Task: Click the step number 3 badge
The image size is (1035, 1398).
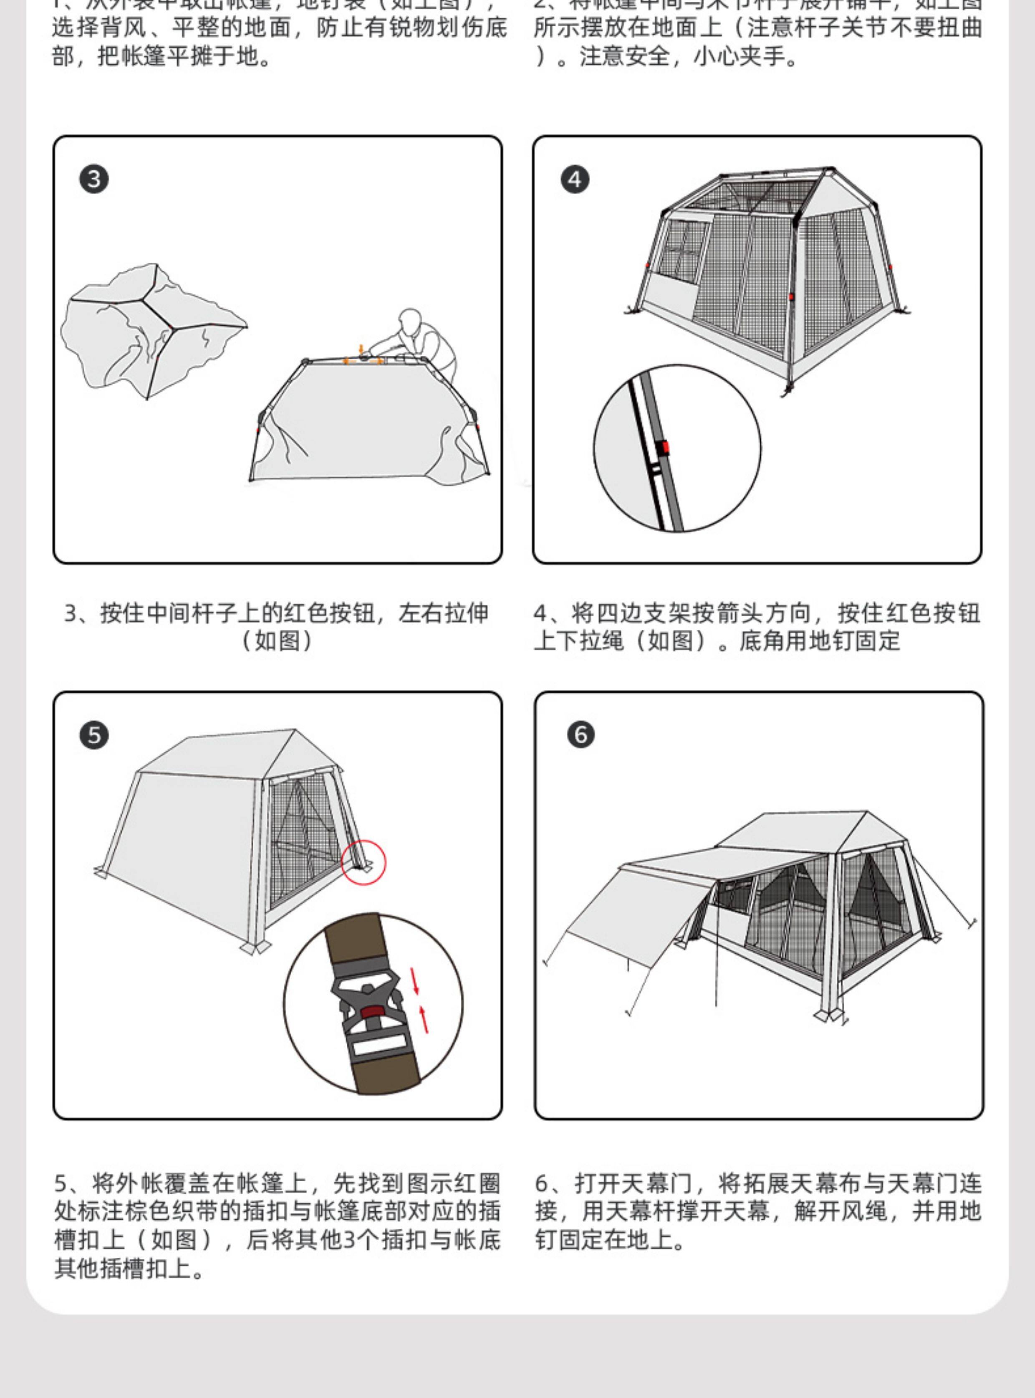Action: point(94,180)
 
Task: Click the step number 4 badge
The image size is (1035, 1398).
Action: point(575,180)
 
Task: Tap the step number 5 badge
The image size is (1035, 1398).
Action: point(94,735)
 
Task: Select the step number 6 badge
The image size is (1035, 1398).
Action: point(581,735)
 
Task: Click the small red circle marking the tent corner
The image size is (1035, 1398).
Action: point(364,863)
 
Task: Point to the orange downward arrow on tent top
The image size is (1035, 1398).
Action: point(360,349)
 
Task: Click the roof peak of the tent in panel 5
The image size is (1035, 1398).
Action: point(295,731)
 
